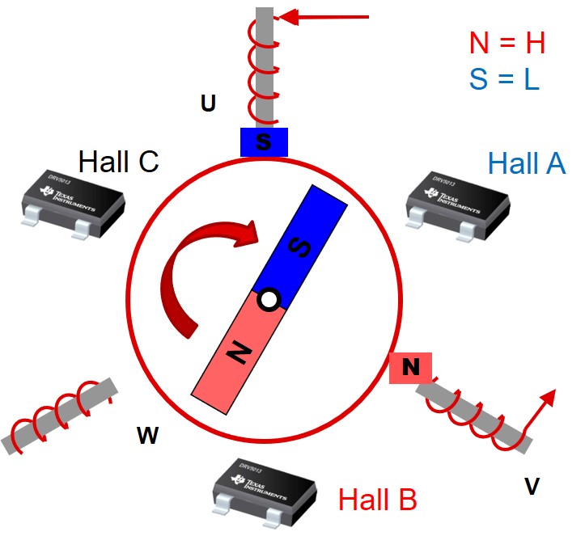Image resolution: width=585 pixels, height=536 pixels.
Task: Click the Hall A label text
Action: click(527, 164)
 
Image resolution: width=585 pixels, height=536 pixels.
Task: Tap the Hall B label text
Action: click(377, 500)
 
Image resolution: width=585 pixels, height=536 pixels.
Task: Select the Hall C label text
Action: click(118, 162)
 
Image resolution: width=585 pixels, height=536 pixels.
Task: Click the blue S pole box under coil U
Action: click(265, 142)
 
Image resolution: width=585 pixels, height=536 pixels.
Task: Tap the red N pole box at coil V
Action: click(411, 368)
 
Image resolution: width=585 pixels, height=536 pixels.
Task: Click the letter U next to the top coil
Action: click(208, 104)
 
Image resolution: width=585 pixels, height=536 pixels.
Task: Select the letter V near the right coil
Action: click(532, 486)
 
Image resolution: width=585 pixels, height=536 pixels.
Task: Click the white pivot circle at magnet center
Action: click(269, 301)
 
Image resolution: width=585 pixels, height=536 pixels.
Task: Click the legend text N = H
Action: click(507, 43)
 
